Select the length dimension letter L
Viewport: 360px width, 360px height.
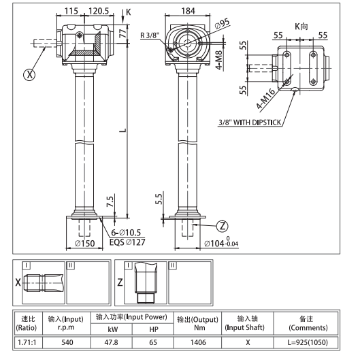point(120,130)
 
